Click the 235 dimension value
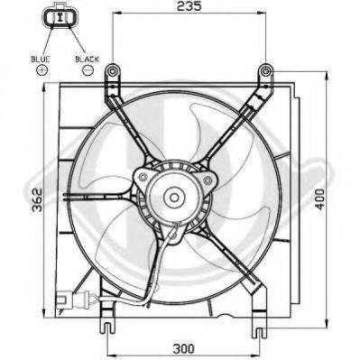(x=189, y=5)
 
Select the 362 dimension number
(x=38, y=200)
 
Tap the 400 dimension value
(x=320, y=199)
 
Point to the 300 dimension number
(x=183, y=349)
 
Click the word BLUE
(x=41, y=59)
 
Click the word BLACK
(x=87, y=59)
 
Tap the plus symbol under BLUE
(x=42, y=70)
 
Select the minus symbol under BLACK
(x=88, y=70)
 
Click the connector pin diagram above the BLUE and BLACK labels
(x=61, y=15)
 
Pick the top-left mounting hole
(x=113, y=71)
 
